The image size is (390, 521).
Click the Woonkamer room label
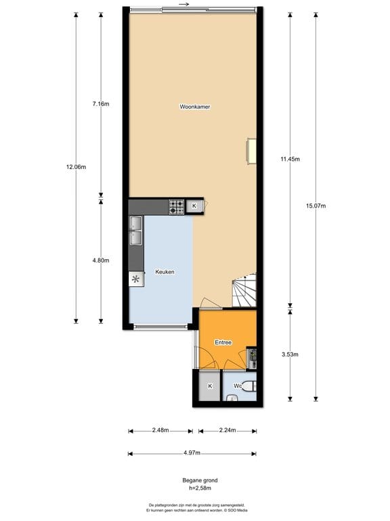(194, 107)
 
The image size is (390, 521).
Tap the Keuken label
(165, 272)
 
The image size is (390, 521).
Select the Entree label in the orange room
(223, 343)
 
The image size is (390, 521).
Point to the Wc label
(238, 386)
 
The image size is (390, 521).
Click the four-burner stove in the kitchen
(177, 207)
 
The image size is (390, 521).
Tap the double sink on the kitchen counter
(136, 231)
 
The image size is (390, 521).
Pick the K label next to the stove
(194, 206)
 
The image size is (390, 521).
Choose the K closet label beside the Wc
(210, 386)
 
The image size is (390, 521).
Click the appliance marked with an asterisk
(136, 279)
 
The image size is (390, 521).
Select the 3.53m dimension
(290, 354)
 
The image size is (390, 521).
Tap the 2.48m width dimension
(160, 430)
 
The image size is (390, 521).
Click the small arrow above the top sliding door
(184, 4)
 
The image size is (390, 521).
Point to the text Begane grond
(194, 480)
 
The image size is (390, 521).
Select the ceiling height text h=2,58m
(194, 488)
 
